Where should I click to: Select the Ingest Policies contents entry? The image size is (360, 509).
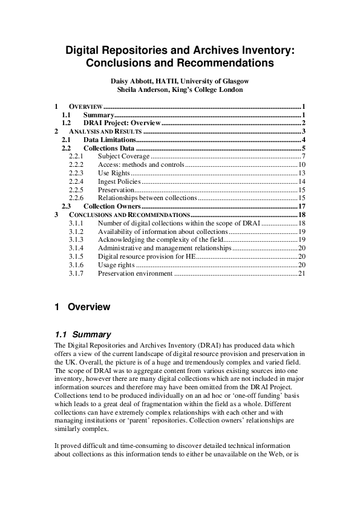(x=119, y=181)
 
